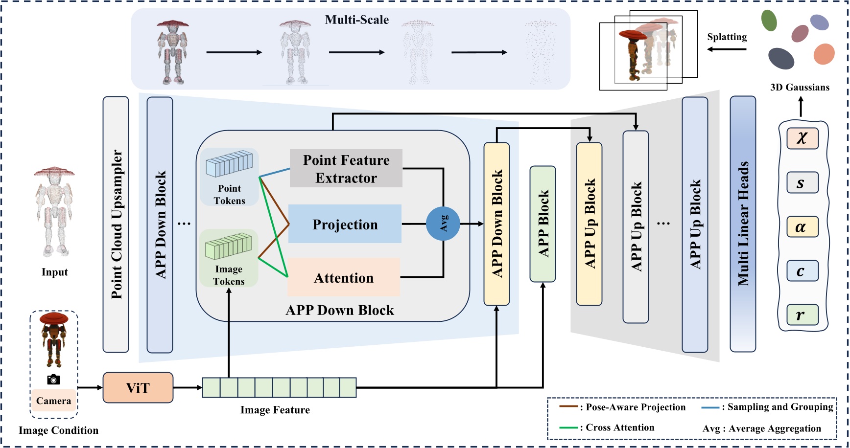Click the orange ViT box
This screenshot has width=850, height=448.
138,388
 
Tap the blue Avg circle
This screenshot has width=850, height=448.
443,224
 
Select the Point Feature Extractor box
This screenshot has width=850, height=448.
346,168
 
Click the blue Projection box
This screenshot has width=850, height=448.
345,224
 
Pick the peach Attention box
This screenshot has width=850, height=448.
344,277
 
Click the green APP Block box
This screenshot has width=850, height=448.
543,224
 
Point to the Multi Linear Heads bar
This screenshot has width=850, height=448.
743,224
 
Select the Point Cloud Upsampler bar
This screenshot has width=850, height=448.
116,224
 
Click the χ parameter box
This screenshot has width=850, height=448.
803,138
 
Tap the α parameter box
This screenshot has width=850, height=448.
803,227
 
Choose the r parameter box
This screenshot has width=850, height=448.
803,315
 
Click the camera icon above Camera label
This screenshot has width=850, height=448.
53,380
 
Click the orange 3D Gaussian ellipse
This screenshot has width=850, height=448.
824,54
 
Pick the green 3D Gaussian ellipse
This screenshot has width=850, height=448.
769,21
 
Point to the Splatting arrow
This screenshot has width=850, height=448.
727,49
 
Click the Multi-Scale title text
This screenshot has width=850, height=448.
357,20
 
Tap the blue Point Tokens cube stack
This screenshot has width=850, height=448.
229,164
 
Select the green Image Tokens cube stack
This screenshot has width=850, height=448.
228,246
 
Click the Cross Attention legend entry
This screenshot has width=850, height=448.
607,427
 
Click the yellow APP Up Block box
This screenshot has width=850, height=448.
589,224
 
